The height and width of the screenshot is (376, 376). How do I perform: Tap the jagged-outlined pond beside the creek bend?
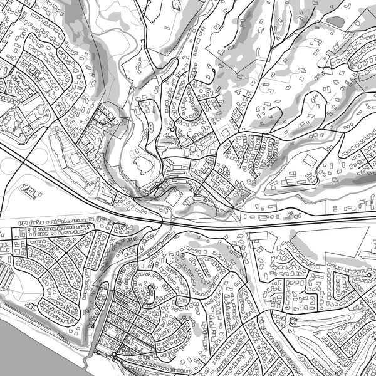pyautogui.click(x=143, y=165)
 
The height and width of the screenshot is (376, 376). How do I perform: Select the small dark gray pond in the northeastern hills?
pyautogui.click(x=335, y=21)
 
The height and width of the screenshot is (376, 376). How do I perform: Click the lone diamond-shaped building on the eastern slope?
pyautogui.click(x=310, y=160)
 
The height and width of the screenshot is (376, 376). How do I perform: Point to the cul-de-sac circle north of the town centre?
pyautogui.click(x=172, y=129)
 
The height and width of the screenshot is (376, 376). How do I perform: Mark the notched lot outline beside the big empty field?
pyautogui.click(x=263, y=240)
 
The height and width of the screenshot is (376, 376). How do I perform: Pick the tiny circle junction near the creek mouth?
pyautogui.click(x=115, y=357)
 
